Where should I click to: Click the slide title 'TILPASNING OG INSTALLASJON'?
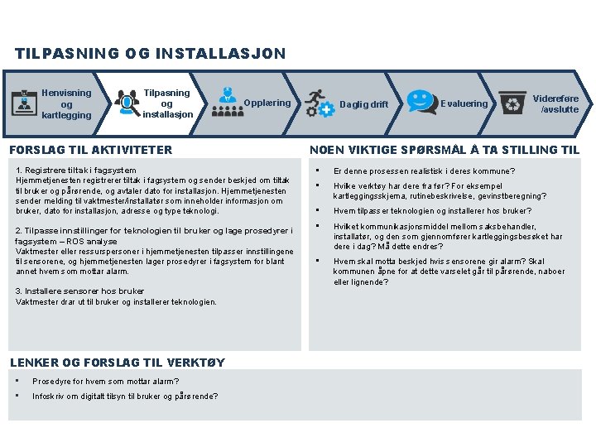pos(150,54)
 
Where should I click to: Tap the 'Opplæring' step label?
pos(267,103)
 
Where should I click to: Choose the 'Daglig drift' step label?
pos(364,104)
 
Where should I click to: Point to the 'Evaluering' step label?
pos(464,103)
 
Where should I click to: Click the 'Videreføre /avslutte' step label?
pos(560,103)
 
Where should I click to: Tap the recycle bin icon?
pos(513,103)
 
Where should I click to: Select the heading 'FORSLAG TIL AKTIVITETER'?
pos(89,150)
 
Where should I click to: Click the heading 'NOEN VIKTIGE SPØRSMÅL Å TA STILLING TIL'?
pos(444,150)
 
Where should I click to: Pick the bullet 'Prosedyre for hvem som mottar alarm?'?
pos(105,382)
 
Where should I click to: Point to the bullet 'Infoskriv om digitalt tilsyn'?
pos(125,397)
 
